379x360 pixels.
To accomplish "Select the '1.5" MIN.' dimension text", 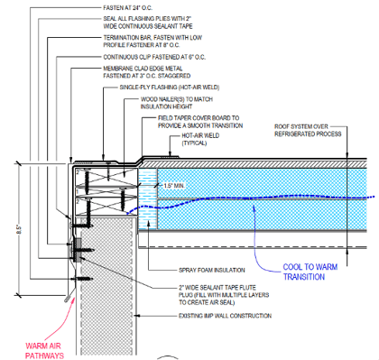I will (x=173, y=186).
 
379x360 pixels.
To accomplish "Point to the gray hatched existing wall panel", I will (x=108, y=289).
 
